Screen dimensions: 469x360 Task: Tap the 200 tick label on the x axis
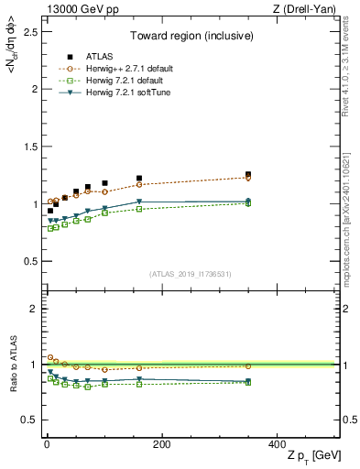161,444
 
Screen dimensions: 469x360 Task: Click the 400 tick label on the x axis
277,444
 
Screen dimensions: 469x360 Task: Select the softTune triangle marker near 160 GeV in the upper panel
139,202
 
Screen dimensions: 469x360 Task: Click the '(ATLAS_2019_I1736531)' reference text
190,274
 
